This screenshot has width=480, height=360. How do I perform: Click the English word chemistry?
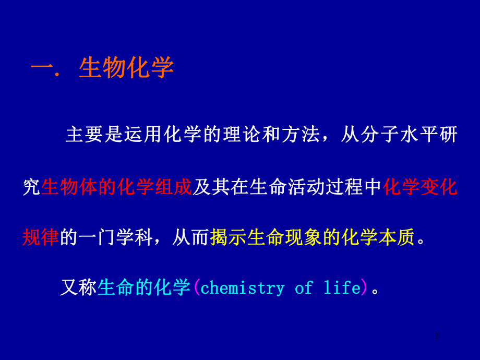click(243, 288)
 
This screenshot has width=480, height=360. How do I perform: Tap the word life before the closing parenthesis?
click(342, 288)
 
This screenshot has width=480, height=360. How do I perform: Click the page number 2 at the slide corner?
click(437, 337)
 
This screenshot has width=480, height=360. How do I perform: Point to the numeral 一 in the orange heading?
click(42, 68)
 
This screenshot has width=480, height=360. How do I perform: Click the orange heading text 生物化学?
click(126, 68)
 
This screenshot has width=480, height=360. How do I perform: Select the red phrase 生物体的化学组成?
click(117, 187)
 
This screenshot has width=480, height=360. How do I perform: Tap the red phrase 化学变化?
click(420, 187)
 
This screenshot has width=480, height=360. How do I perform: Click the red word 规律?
click(41, 237)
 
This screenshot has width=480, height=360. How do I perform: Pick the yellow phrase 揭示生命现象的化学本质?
click(312, 237)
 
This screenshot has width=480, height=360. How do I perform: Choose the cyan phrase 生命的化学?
click(144, 287)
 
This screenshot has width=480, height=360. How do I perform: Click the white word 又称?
click(78, 287)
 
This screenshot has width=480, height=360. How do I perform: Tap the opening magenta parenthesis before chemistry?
click(196, 287)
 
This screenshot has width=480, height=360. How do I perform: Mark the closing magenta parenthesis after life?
click(365, 287)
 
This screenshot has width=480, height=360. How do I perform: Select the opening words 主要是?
click(93, 135)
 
